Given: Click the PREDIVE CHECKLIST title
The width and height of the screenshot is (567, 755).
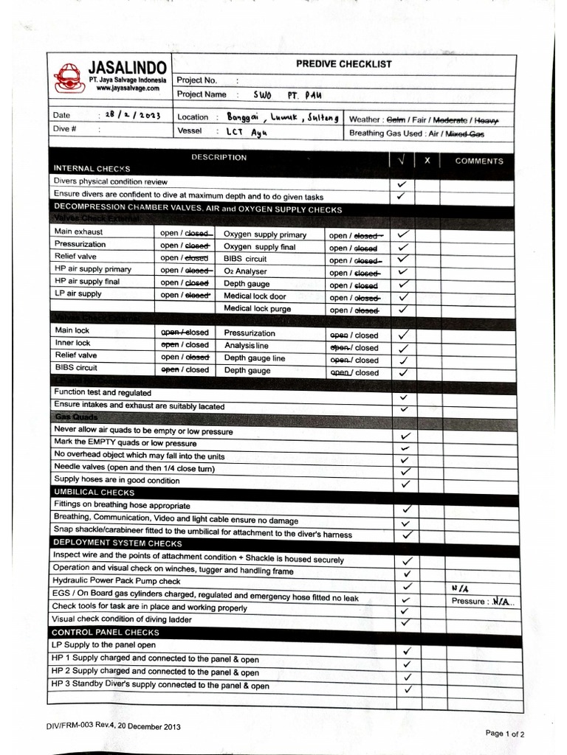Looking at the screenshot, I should coord(344,64).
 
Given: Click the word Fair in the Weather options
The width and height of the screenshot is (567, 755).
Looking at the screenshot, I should coord(420,119).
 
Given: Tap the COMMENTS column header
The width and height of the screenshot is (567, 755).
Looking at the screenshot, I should coord(478,161).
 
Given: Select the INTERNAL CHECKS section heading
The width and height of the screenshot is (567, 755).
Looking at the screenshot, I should coord(92,169).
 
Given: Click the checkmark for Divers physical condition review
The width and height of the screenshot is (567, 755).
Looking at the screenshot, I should coord(402,183).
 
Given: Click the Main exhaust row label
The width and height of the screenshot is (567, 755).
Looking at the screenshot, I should coord(78,232).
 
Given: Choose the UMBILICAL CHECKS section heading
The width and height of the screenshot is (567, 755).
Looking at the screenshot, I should coord(94,492).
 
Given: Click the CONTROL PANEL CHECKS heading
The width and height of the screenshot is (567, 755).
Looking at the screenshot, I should coord(105,632).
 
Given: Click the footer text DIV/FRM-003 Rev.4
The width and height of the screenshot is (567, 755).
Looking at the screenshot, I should coord(113,726).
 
